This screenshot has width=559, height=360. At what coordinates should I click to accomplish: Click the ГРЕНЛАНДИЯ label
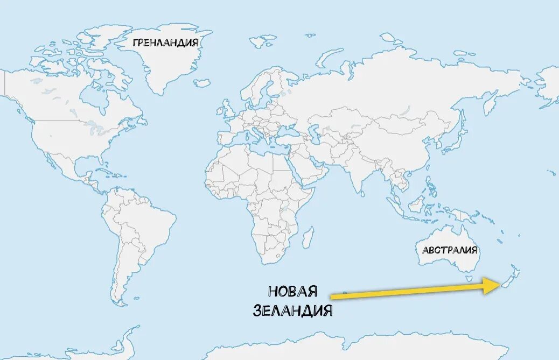pos(165,43)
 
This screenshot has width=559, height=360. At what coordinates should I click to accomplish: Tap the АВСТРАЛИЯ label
pos(450,250)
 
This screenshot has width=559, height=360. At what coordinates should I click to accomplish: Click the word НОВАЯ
pos(292,292)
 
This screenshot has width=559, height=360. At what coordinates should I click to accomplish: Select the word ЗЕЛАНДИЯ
pos(292,310)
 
